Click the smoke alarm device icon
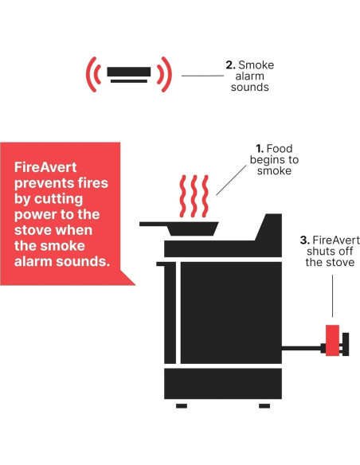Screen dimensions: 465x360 point(128,74)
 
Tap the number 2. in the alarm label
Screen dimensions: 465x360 point(231,64)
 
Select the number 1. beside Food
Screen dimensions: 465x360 point(259,148)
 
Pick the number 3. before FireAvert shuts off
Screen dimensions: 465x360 point(304,240)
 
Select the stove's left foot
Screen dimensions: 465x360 point(181,406)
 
